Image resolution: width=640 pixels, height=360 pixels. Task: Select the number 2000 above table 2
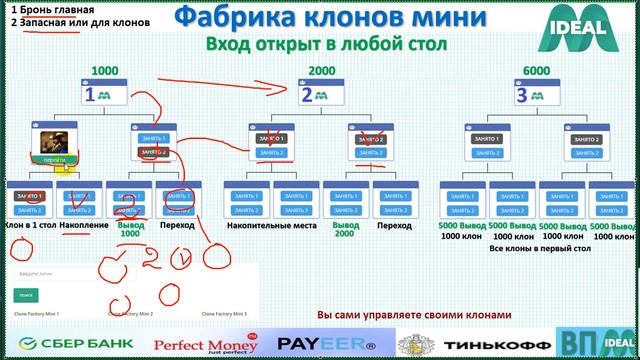[322, 71]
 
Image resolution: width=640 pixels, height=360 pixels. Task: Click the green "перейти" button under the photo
[54, 160]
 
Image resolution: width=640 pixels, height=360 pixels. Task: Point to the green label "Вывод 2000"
[346, 231]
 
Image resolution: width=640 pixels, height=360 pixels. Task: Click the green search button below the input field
[25, 296]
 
